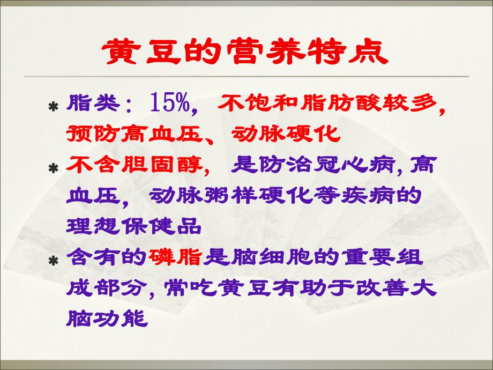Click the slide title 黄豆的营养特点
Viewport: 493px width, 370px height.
(245, 52)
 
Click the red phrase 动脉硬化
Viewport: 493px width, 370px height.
(287, 134)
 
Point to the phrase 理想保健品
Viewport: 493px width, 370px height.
(134, 227)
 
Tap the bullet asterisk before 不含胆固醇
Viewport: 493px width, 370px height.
(53, 169)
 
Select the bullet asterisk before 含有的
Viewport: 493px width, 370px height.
(53, 262)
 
